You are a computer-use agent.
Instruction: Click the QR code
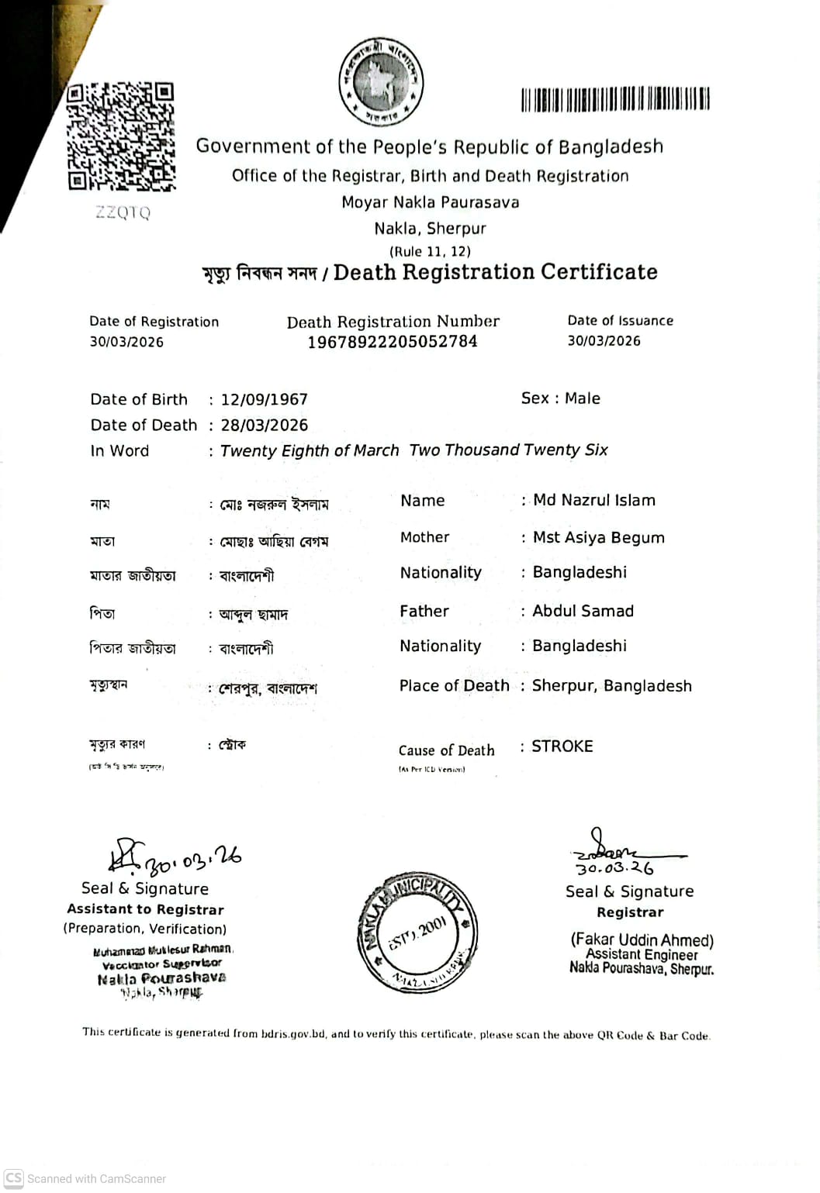(x=120, y=136)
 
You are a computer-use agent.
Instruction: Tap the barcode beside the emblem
(x=615, y=99)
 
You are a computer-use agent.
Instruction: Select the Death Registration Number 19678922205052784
(x=393, y=342)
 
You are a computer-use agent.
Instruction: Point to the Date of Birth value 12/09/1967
(x=265, y=400)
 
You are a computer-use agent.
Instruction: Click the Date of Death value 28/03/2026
(x=265, y=426)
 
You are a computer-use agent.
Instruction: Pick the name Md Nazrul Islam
(x=594, y=501)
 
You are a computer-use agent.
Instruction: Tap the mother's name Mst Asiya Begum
(x=599, y=538)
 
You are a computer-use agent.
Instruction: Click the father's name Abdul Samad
(x=583, y=612)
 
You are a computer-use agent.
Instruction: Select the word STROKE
(x=562, y=746)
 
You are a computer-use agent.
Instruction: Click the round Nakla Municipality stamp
(x=417, y=933)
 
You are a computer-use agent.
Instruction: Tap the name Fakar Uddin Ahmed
(x=642, y=940)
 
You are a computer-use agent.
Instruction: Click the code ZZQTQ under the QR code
(x=123, y=212)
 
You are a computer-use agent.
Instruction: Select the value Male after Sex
(x=583, y=398)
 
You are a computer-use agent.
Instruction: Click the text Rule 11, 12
(x=430, y=251)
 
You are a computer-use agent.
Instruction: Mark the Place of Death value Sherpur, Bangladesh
(x=612, y=686)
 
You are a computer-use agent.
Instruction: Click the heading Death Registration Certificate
(x=496, y=273)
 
